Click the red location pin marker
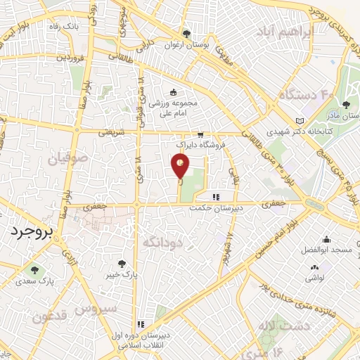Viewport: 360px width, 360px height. point(180,167)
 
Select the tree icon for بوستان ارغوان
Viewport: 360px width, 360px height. point(186,33)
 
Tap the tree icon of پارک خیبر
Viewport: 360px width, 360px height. point(124,263)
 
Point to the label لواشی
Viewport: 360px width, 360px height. point(314,278)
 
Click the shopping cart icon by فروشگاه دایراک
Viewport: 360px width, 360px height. point(200,134)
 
